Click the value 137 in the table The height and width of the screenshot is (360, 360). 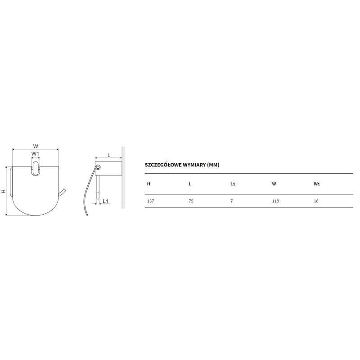coord(150,201)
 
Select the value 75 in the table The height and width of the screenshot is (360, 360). coord(191,201)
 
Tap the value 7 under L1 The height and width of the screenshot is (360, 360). coord(232,201)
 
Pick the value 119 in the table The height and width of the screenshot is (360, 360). coord(275,201)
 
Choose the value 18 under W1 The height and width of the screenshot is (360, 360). coord(316,201)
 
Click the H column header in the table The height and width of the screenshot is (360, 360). coord(148,184)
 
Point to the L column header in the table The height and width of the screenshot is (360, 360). coord(190,184)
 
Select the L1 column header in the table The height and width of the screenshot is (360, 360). coord(233,184)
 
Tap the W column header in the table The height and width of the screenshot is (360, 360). coord(274,184)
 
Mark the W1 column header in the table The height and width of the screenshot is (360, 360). coord(317,184)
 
